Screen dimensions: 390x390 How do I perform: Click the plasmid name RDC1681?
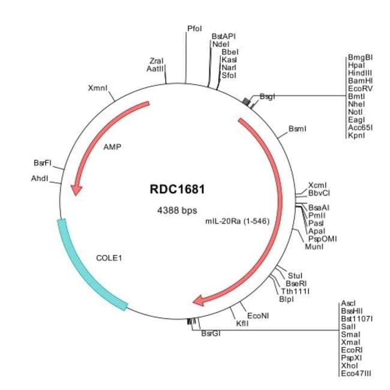tap(178, 188)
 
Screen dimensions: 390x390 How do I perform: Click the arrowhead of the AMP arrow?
tap(76, 190)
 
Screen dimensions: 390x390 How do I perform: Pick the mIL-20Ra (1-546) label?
tap(236, 220)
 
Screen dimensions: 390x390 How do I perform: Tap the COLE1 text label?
tap(109, 259)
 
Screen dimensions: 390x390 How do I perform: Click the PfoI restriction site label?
tap(195, 28)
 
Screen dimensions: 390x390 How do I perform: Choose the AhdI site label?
tap(40, 178)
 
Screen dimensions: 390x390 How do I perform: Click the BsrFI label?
tap(42, 163)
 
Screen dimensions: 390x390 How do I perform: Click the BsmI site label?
tap(298, 128)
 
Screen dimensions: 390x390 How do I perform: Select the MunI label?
tap(314, 247)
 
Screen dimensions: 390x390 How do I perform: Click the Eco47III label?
tap(356, 373)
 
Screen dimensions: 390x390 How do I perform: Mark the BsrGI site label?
tap(211, 334)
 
